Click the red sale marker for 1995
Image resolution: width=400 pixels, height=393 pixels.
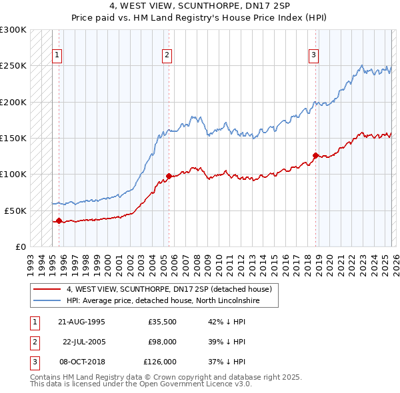click(x=59, y=220)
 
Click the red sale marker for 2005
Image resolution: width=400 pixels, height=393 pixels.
click(x=169, y=176)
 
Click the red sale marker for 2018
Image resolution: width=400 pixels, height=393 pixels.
click(x=315, y=155)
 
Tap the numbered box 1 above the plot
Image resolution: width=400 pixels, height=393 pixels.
click(x=58, y=55)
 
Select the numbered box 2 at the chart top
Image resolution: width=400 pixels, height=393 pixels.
click(x=167, y=55)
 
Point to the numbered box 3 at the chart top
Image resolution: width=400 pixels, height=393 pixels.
click(x=313, y=55)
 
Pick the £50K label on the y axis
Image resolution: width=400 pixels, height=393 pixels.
click(x=15, y=210)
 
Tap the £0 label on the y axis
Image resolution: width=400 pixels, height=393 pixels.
click(x=20, y=246)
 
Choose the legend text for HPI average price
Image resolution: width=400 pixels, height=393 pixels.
click(x=162, y=301)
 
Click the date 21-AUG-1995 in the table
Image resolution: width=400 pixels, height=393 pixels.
click(x=81, y=321)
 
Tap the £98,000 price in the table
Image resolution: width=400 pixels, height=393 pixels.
click(x=162, y=342)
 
